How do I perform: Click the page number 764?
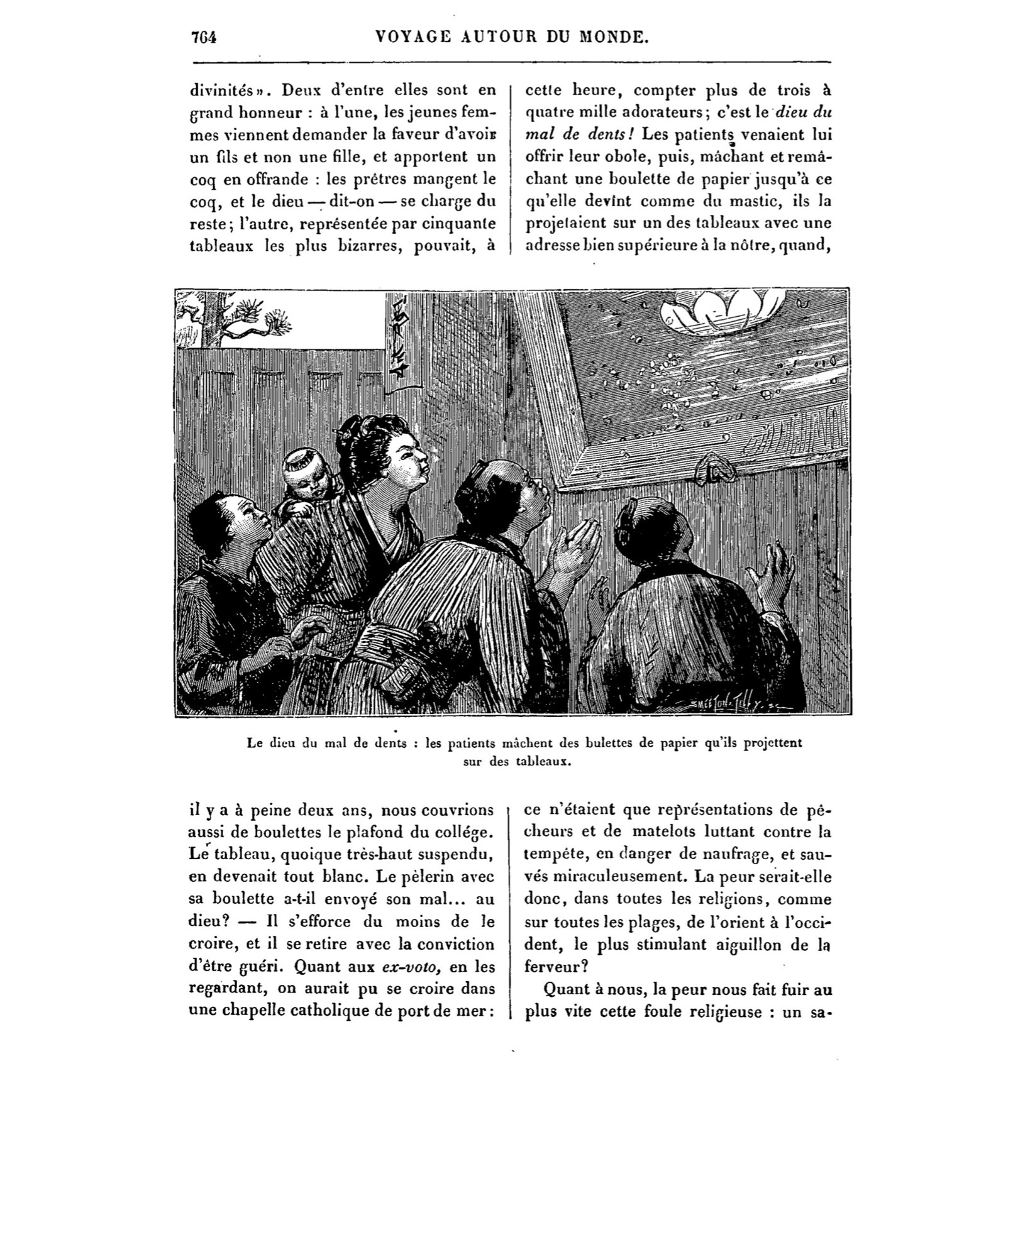click(x=204, y=37)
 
